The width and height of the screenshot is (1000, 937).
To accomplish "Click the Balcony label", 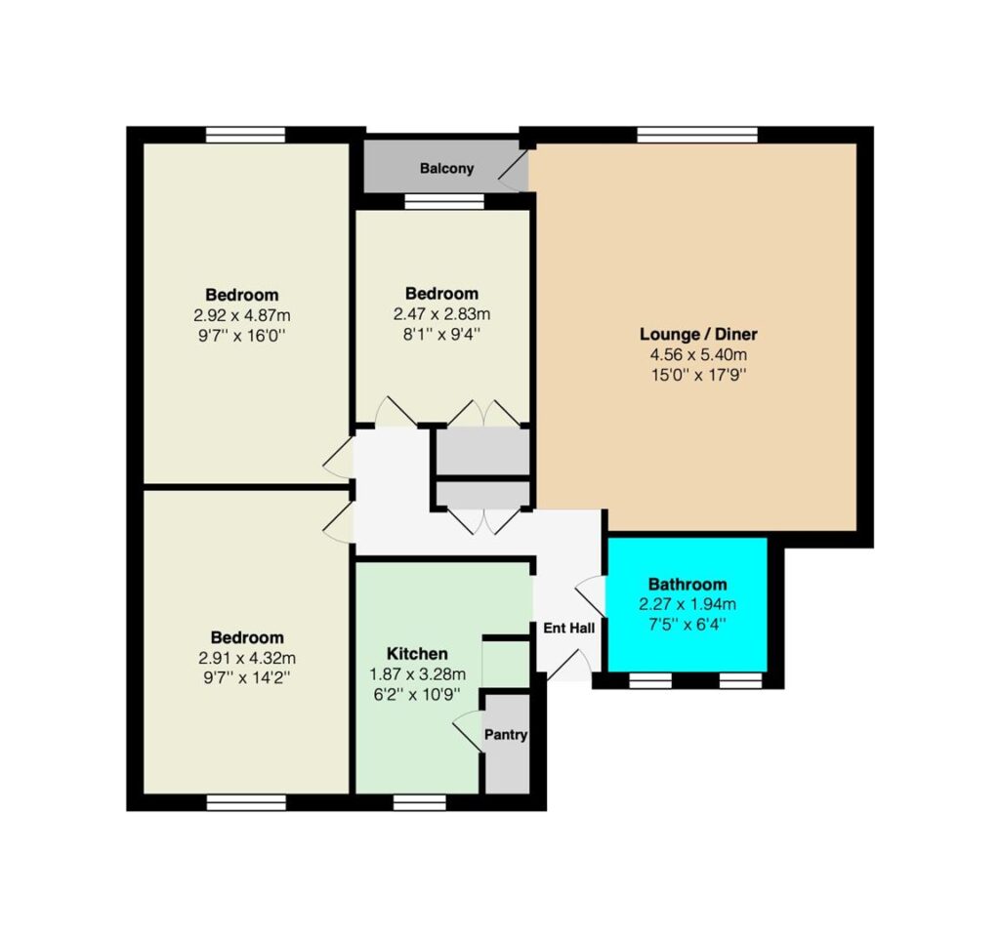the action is point(446,169).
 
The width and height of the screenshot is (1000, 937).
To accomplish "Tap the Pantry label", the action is point(506,735).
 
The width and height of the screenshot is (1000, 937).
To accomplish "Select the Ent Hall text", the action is point(569,629).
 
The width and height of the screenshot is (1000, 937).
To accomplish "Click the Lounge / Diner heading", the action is point(698,334).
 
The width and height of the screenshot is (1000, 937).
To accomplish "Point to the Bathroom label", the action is point(687,584).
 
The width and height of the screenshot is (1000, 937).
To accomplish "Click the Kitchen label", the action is point(417,654).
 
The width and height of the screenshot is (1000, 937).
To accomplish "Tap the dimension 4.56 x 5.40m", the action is point(698,354).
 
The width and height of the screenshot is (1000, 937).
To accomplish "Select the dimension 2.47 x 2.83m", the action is point(442,314).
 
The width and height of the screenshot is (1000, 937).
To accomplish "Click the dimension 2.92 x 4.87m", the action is point(242,315).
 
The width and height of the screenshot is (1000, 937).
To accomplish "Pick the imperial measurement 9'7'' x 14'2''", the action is point(247,677).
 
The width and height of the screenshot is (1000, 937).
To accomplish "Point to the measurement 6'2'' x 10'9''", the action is point(417,694).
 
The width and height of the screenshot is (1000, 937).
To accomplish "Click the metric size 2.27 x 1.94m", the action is point(687,603).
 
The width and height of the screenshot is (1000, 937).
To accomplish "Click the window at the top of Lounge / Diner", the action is point(697,135).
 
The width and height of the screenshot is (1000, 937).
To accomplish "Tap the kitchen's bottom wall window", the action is point(419,802).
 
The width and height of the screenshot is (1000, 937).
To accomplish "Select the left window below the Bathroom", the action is point(649,680).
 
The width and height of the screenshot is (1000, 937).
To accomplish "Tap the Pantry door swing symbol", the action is point(468,730).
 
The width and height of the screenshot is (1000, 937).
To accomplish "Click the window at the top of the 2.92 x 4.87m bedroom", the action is point(245,135).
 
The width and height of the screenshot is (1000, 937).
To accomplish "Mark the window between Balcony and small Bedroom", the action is point(444,201).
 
